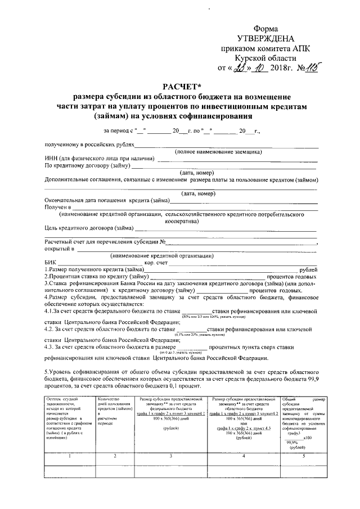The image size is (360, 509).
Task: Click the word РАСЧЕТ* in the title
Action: tap(179, 85)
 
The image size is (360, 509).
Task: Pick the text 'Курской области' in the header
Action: tap(264, 58)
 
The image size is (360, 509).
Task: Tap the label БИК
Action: tap(50, 263)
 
